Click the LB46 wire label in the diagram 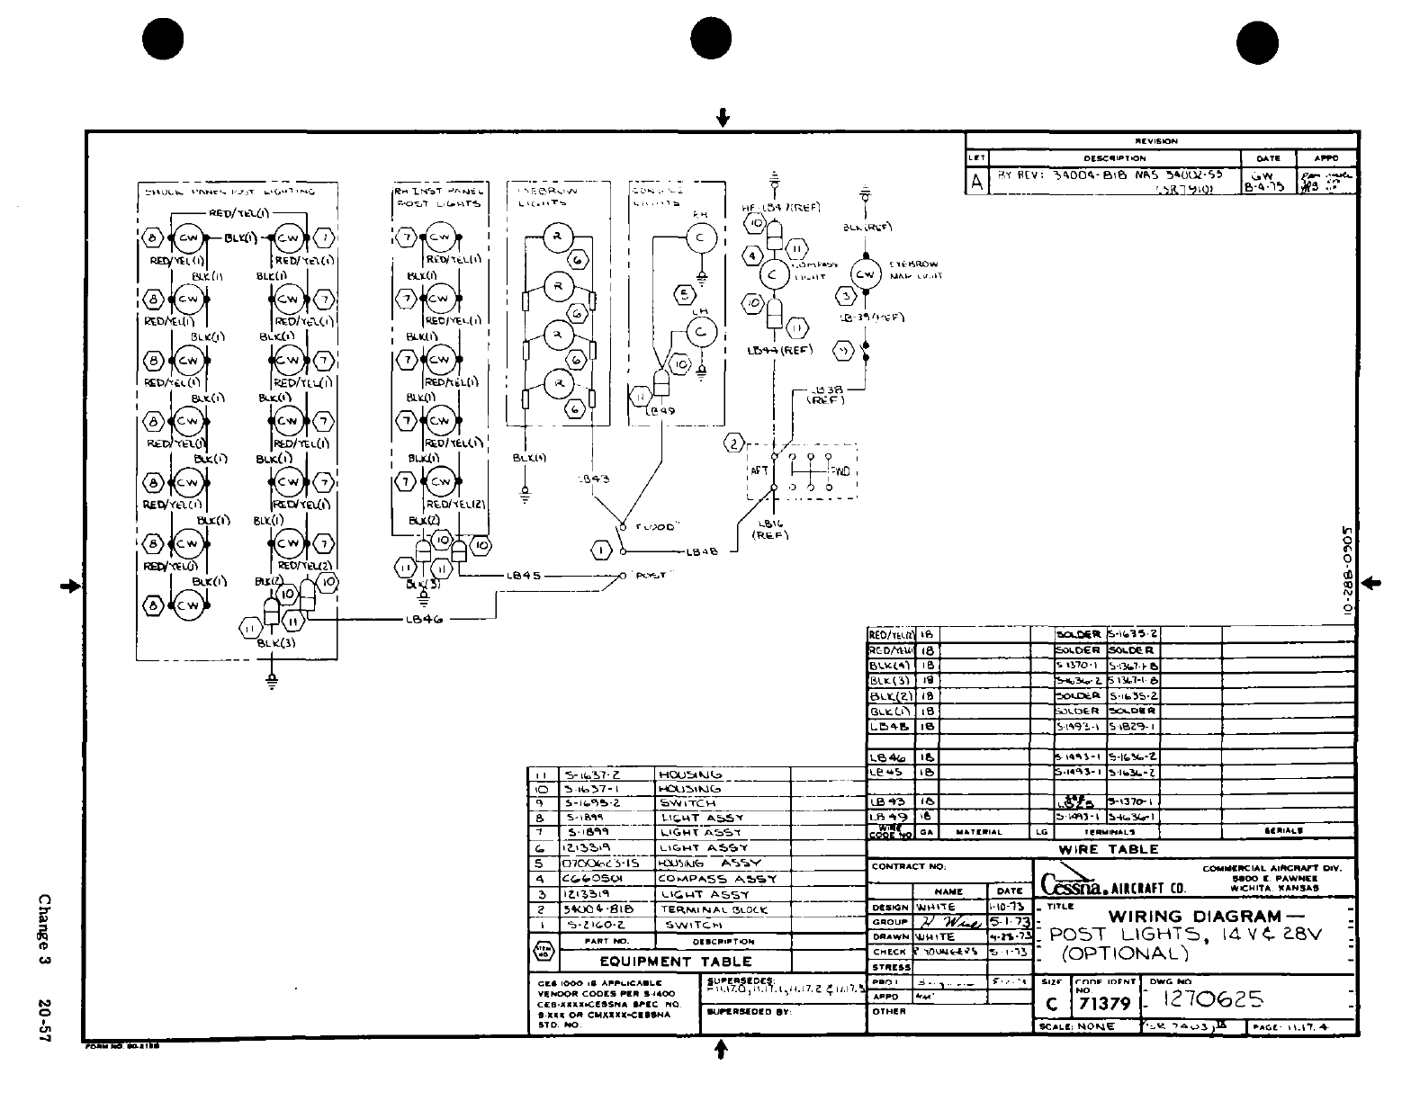point(423,619)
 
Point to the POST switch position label point(650,576)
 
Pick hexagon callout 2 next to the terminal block point(735,443)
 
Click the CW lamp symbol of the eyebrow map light point(866,274)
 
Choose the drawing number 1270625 point(1214,999)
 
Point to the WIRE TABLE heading point(1109,849)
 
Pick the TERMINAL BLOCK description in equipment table point(714,909)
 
